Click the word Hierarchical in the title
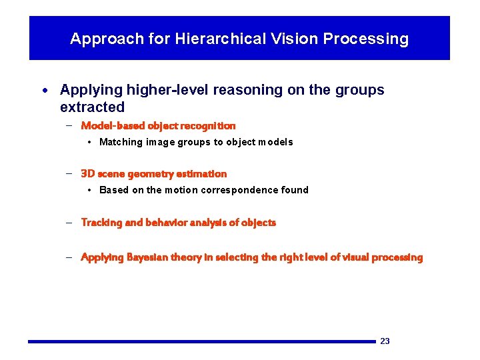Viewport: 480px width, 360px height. click(212, 39)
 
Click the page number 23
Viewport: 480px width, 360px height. click(385, 341)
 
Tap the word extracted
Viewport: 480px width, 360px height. click(92, 107)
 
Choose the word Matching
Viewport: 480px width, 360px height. click(121, 142)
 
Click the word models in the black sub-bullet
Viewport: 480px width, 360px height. click(276, 142)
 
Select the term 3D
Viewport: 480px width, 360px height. click(87, 174)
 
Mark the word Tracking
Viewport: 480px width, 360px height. click(101, 223)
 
